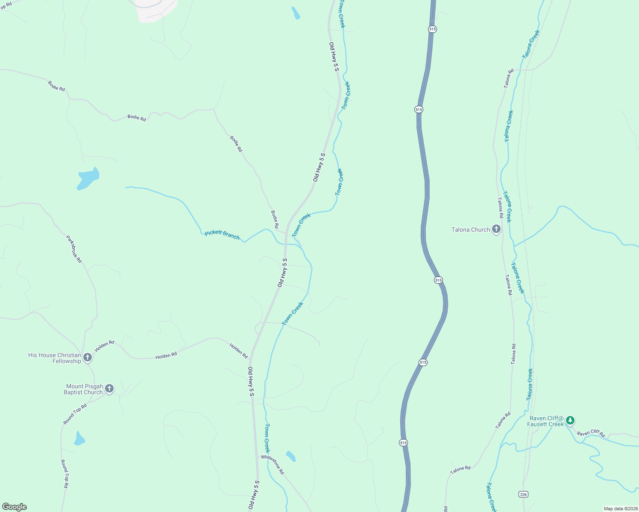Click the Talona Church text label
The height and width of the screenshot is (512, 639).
click(471, 230)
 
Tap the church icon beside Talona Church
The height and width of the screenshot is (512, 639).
click(496, 230)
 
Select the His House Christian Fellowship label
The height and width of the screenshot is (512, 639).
click(55, 358)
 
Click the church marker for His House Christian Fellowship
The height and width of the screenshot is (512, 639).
click(88, 358)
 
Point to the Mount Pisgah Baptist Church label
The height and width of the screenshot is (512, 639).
click(83, 389)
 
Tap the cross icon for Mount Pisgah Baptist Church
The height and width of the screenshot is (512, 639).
click(109, 389)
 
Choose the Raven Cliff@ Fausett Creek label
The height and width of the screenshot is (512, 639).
click(546, 421)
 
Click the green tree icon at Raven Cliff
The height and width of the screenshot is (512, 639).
click(570, 421)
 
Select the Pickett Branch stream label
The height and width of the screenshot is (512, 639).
click(222, 235)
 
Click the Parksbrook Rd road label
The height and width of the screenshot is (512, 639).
click(73, 249)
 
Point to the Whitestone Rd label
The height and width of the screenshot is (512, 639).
click(273, 464)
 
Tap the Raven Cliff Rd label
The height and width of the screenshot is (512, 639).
click(591, 433)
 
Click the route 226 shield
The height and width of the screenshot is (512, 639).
click(524, 494)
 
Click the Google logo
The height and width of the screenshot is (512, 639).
click(15, 507)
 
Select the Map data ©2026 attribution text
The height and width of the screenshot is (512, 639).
click(620, 509)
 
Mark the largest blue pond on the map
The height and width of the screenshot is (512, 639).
click(88, 178)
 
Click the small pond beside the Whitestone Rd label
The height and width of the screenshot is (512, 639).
click(291, 456)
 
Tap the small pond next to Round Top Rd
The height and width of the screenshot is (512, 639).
click(79, 439)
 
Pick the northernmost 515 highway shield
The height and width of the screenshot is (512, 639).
click(432, 29)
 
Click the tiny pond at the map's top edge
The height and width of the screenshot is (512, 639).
click(296, 13)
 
